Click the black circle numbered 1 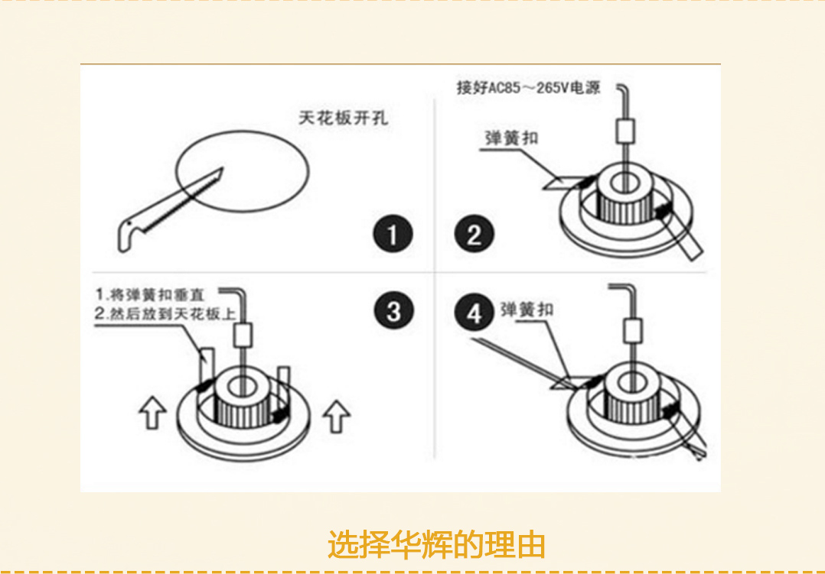coord(393,235)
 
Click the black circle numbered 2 coord(474,235)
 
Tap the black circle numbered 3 coord(393,311)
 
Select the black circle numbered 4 coord(475,314)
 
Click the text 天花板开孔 coord(343,118)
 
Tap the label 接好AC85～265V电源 coord(529,87)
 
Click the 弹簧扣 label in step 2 coord(511,138)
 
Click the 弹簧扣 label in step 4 coord(526,310)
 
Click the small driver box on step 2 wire coord(626,130)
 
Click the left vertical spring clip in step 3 coord(204,366)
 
